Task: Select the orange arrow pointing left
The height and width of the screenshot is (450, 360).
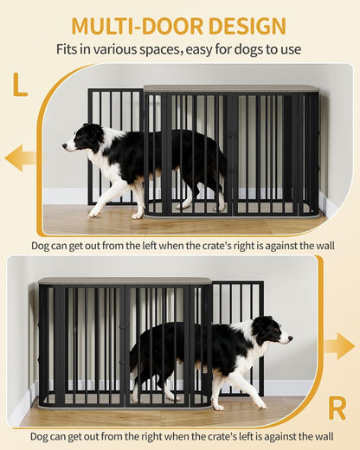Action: coord(20,157)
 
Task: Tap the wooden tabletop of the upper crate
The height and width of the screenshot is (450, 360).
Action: coord(230,88)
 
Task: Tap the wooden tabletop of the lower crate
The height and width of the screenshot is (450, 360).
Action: coord(125,281)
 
